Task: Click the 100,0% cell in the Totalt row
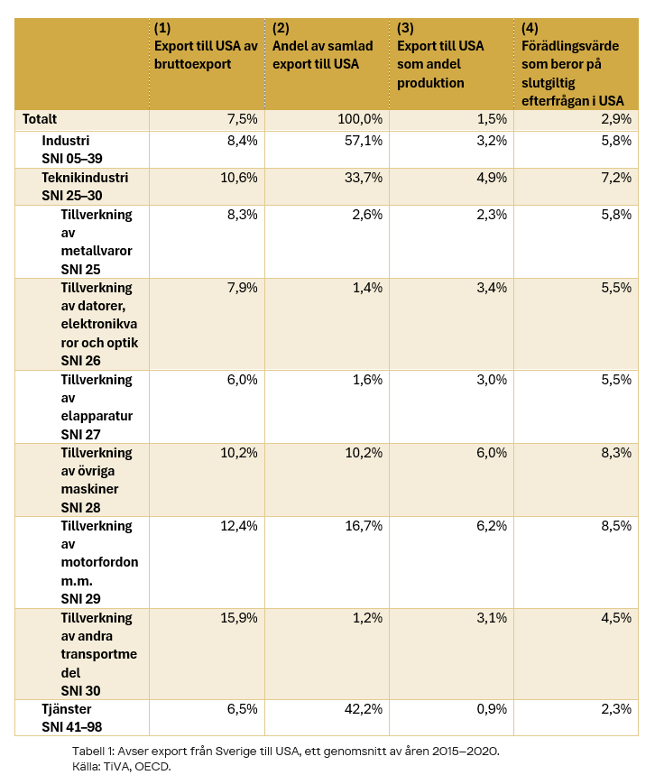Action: point(360,119)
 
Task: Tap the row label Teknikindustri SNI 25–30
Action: point(85,187)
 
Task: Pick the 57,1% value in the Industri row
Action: point(364,141)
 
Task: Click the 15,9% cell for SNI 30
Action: point(239,618)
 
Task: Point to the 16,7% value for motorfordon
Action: point(364,526)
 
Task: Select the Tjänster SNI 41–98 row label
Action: point(71,717)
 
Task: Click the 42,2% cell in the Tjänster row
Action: point(364,709)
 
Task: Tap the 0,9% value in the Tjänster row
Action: point(492,709)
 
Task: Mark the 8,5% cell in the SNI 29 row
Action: point(616,526)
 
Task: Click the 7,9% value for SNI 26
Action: point(242,288)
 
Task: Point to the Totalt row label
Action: point(40,119)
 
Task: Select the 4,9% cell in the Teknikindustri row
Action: point(492,178)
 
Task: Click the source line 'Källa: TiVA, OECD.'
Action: point(122,767)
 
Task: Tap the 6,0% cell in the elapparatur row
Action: point(242,380)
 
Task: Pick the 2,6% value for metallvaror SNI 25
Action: point(367,215)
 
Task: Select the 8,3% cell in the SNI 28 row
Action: point(616,453)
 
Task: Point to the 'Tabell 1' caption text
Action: point(286,752)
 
